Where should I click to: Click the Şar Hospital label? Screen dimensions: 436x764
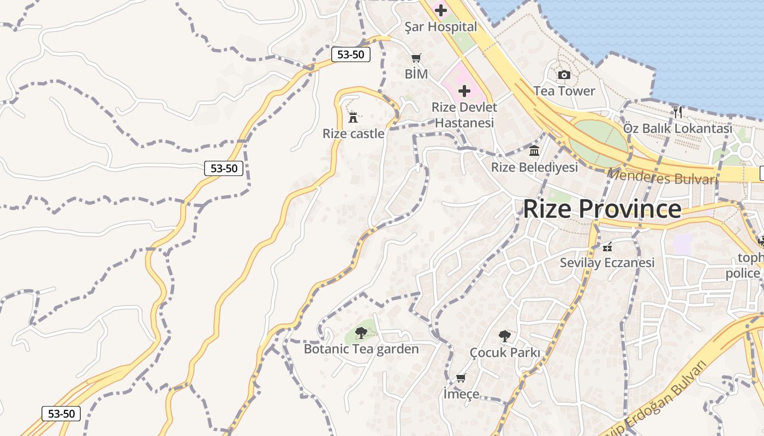440,27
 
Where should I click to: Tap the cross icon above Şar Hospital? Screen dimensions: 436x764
440,10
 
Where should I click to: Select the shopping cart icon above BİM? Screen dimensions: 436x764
416,58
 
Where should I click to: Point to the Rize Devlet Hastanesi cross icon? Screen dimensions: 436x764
464,90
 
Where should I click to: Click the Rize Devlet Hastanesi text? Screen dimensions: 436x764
464,115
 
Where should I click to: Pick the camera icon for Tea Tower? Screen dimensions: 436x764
564,75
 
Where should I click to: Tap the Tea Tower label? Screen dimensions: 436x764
564,91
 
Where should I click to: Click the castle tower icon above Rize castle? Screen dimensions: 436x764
353,117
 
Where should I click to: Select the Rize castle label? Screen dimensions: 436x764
353,134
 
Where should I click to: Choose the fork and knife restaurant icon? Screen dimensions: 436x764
677,112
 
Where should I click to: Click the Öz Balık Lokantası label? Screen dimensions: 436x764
677,129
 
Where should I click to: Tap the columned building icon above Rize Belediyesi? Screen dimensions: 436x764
534,150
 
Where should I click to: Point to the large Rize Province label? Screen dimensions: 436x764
602,209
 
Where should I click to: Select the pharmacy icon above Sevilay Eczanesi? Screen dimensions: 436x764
607,247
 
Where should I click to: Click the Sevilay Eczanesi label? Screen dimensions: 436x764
607,263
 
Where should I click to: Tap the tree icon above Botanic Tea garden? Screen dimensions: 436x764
361,332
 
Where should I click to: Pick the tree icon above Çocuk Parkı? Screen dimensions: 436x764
505,336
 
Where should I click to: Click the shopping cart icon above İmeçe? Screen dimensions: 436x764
461,378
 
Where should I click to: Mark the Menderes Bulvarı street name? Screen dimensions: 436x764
661,177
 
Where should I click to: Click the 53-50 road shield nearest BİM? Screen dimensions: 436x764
350,55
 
